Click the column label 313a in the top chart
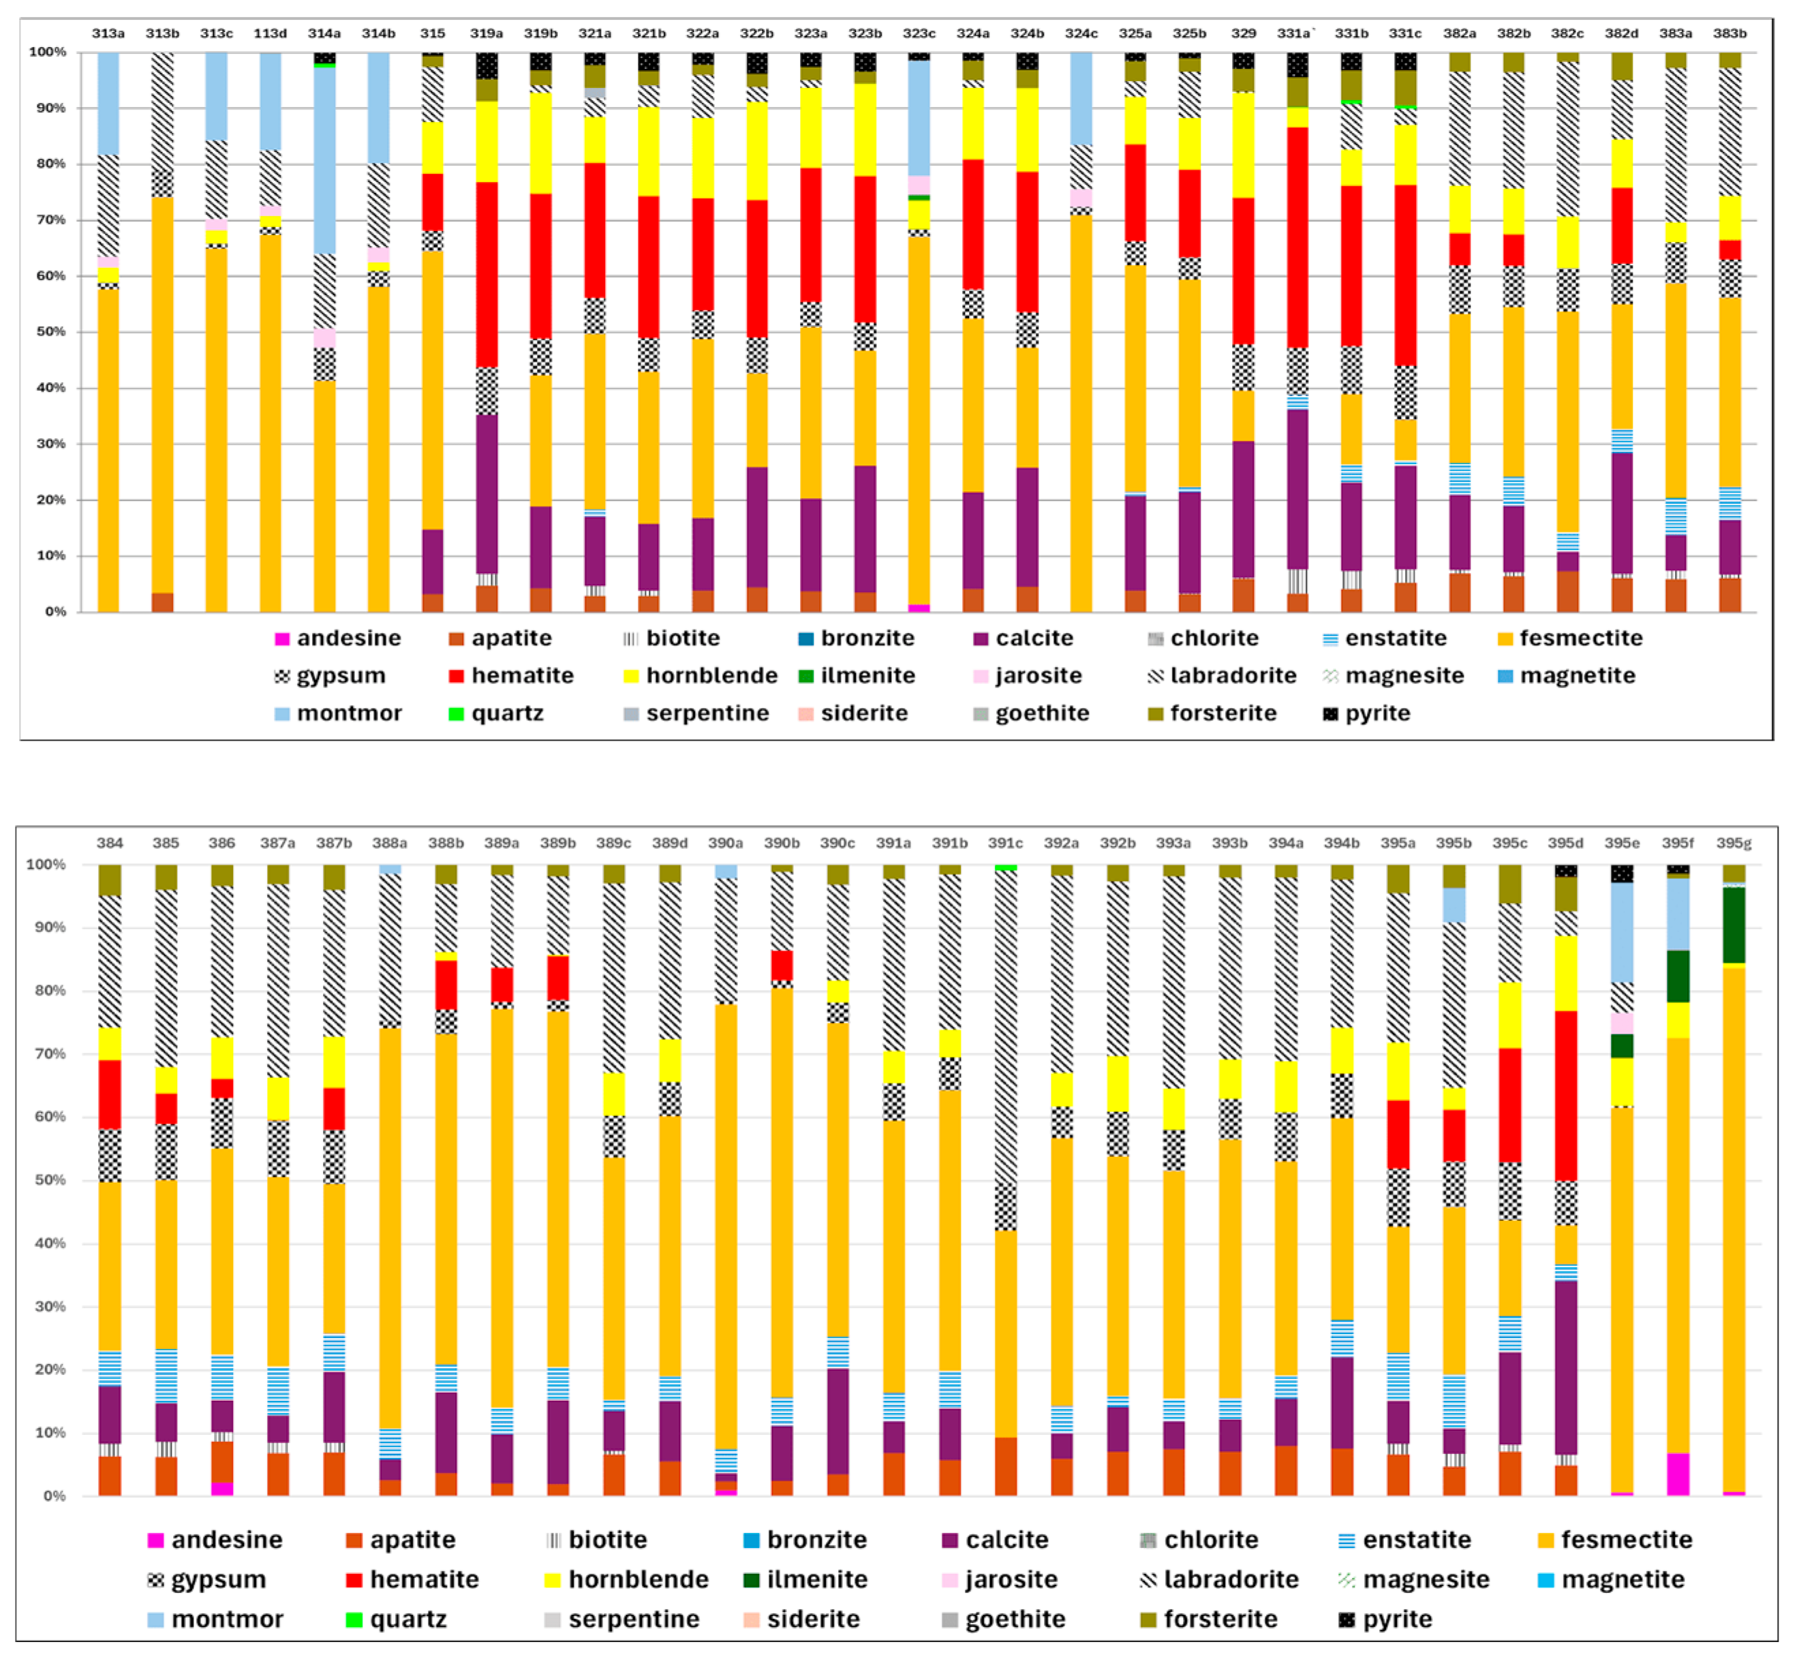point(108,33)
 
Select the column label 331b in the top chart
point(1351,33)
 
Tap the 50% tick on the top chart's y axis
point(47,332)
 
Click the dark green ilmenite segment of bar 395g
point(1733,926)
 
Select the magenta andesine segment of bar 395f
point(1677,1474)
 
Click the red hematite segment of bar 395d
point(1565,1096)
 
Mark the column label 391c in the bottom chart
point(1004,843)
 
